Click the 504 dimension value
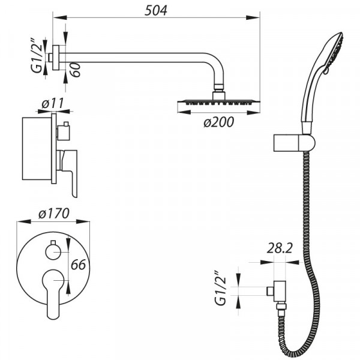(x=156, y=10)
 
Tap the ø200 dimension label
(x=218, y=122)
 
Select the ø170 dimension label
(x=54, y=213)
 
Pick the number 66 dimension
(x=78, y=265)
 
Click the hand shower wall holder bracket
(x=293, y=143)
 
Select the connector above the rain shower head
(x=218, y=94)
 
